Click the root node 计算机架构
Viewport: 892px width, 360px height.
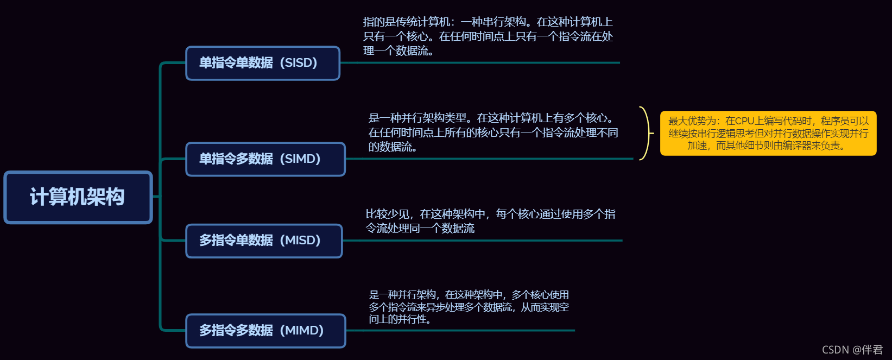tap(78, 197)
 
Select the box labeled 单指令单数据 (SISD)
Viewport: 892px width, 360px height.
tap(262, 63)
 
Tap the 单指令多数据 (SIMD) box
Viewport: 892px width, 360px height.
tap(265, 159)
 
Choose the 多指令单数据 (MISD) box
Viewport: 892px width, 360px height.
tap(264, 241)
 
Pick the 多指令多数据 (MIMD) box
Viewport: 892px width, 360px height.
tap(265, 331)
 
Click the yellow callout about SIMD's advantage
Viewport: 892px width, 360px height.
tap(768, 134)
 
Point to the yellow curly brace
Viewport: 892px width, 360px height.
tap(645, 134)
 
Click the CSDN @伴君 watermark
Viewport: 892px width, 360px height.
tap(852, 350)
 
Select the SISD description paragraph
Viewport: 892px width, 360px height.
tap(488, 36)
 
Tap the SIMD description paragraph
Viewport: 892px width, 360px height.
tap(493, 132)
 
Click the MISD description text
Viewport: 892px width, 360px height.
tap(490, 221)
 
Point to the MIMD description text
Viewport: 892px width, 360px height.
tap(469, 307)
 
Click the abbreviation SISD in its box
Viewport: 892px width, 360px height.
tap(298, 63)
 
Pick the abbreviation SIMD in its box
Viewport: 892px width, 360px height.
tap(300, 159)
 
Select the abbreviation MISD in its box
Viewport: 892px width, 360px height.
tap(300, 241)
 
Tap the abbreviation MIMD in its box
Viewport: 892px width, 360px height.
tap(302, 331)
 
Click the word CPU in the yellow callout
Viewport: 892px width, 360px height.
tap(745, 121)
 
